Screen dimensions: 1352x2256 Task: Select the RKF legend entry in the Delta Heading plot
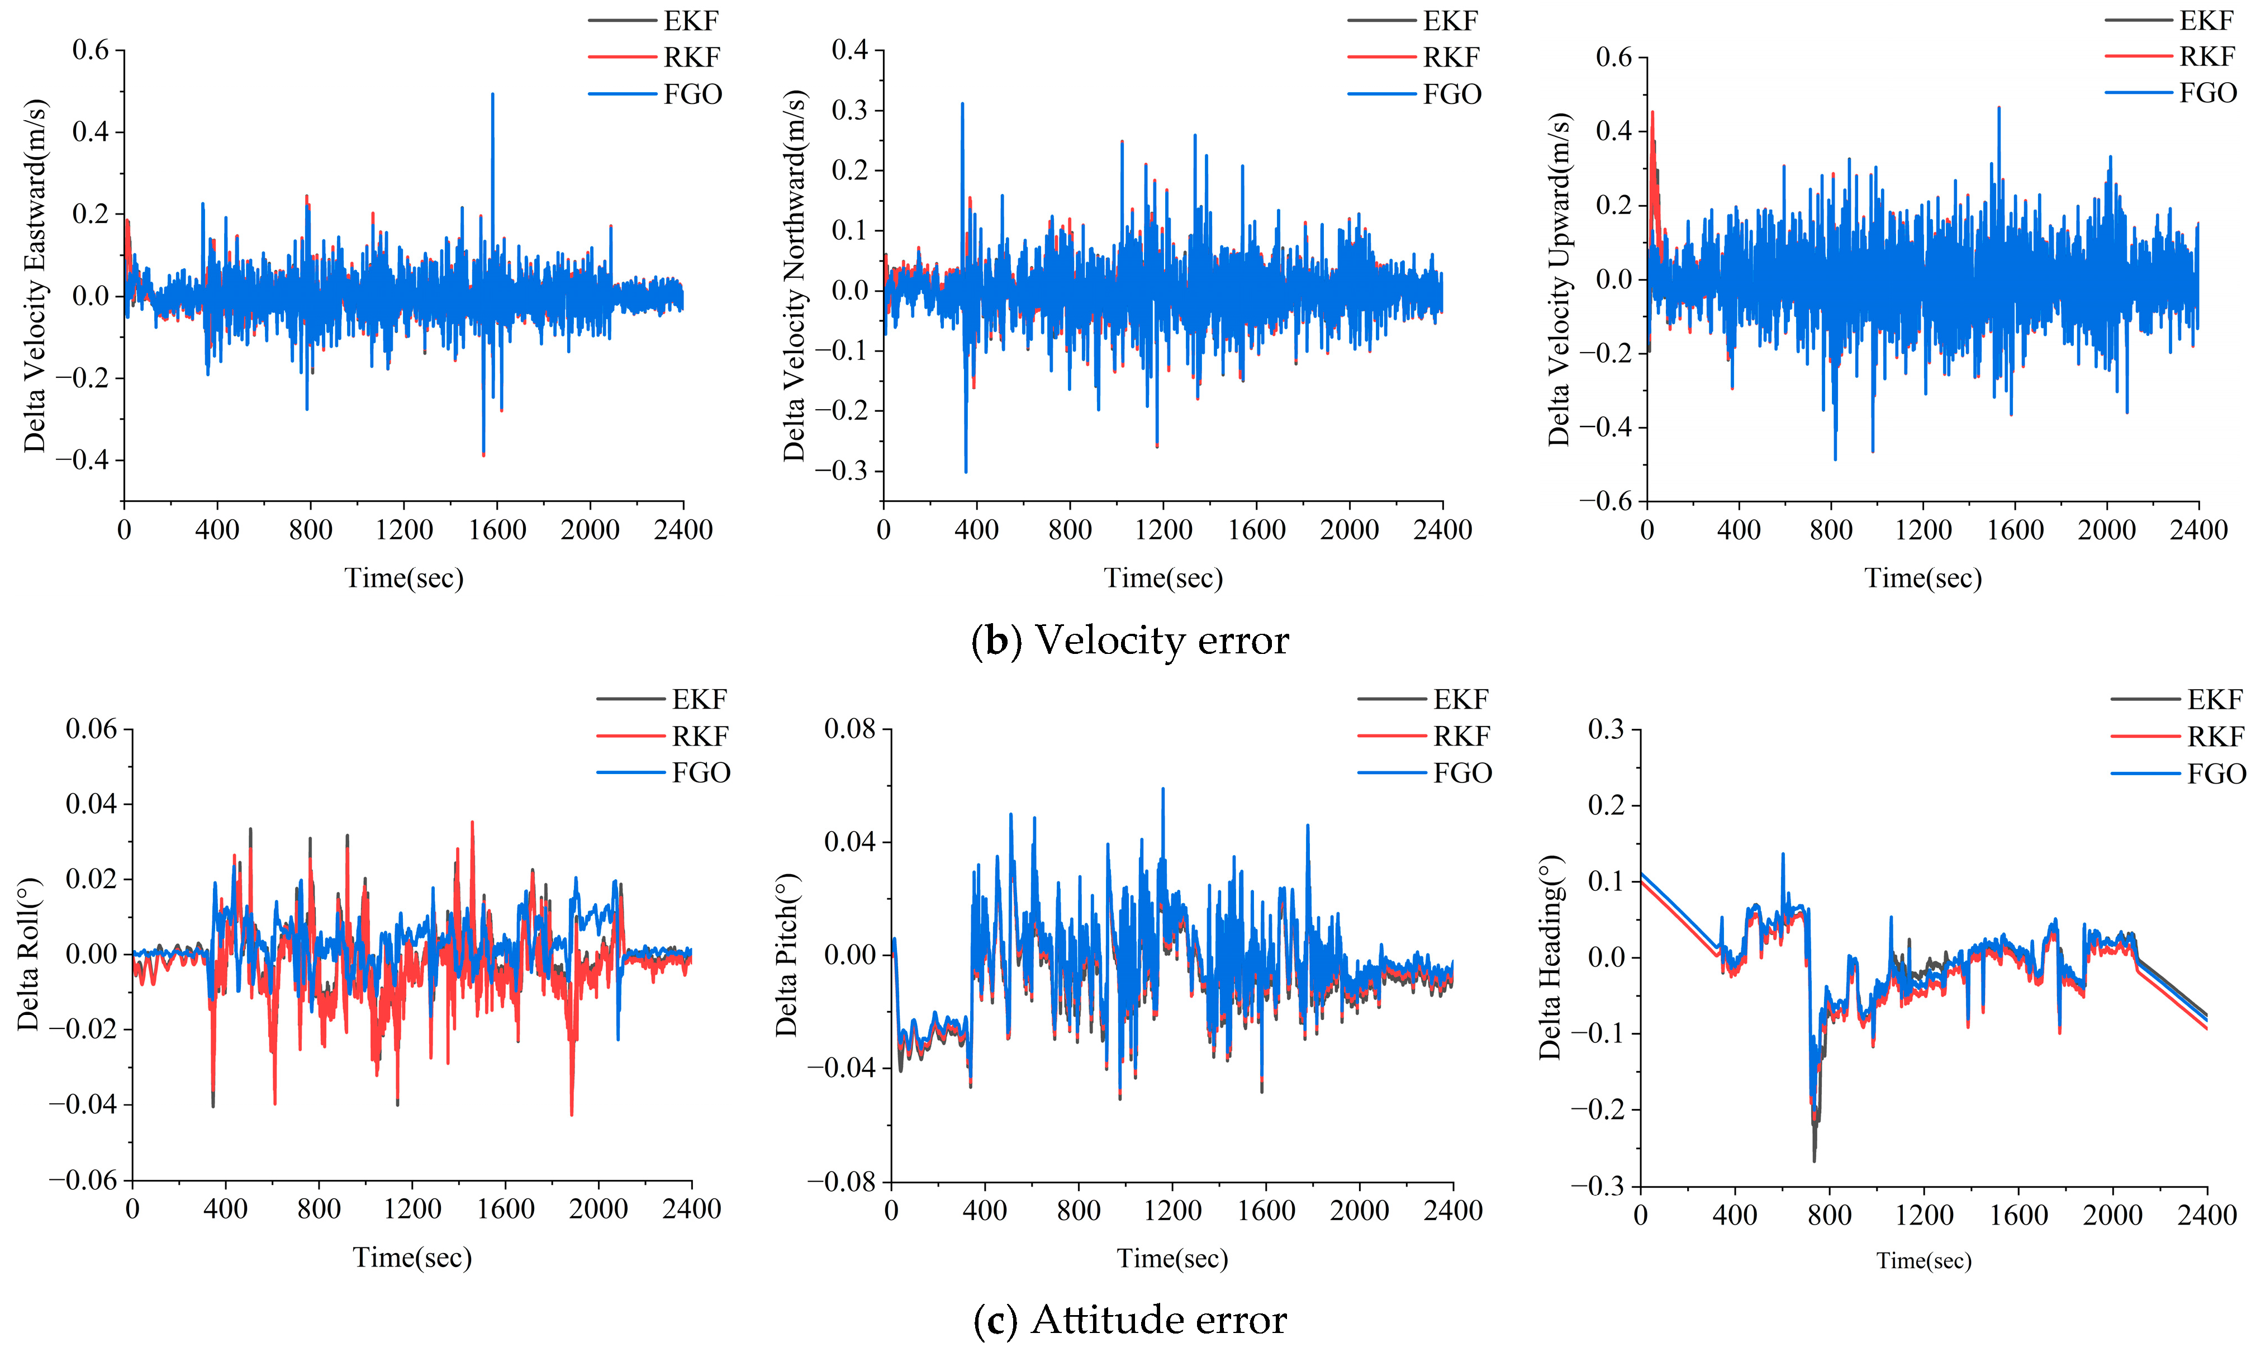2215,736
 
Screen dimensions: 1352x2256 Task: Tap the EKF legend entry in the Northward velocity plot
1450,20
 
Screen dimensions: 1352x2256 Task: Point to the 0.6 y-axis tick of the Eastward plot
91,50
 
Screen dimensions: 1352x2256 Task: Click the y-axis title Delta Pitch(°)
786,955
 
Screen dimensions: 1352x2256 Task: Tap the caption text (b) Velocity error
1129,641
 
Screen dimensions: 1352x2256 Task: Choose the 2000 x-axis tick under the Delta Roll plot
599,1209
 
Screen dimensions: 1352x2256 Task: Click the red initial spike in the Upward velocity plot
1652,114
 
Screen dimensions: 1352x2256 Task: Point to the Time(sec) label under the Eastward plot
403,577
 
